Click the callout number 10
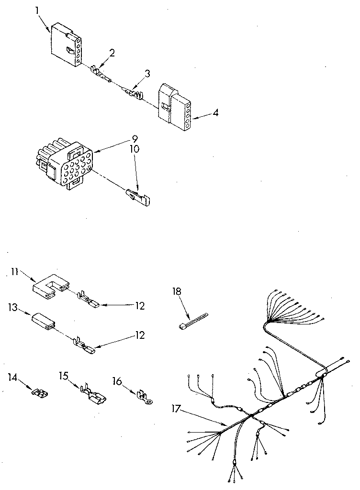pos(135,149)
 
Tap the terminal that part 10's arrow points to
pos(138,196)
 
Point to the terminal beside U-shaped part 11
pos(89,301)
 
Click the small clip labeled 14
pos(40,393)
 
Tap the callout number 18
pos(178,290)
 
